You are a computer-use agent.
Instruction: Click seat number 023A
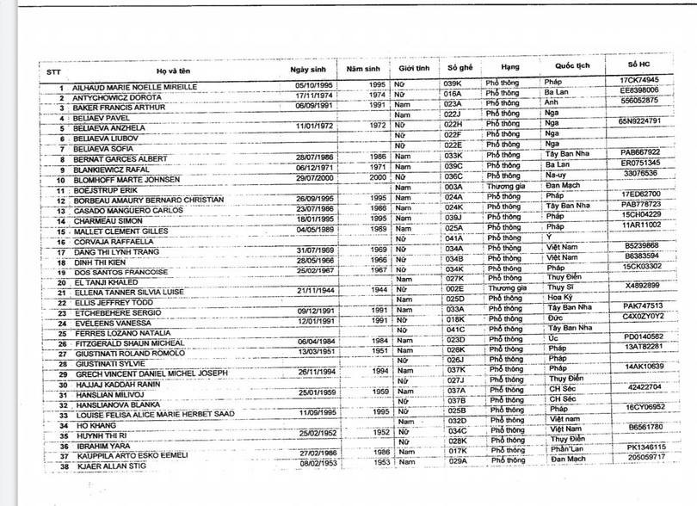453,103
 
